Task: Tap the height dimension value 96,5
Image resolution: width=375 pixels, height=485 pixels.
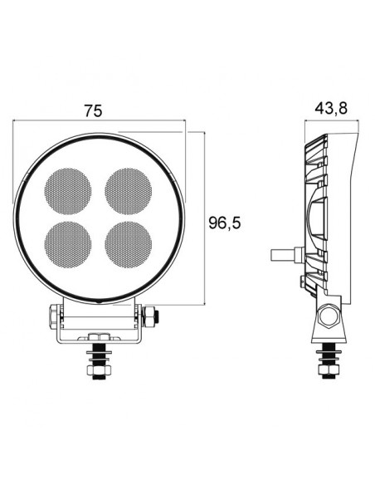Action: point(227,223)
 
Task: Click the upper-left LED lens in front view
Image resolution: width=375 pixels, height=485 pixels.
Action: point(69,190)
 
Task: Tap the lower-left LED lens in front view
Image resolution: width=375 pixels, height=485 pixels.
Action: point(69,242)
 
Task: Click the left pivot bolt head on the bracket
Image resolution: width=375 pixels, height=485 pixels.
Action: point(53,315)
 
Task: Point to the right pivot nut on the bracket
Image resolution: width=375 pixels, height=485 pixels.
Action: point(151,316)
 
